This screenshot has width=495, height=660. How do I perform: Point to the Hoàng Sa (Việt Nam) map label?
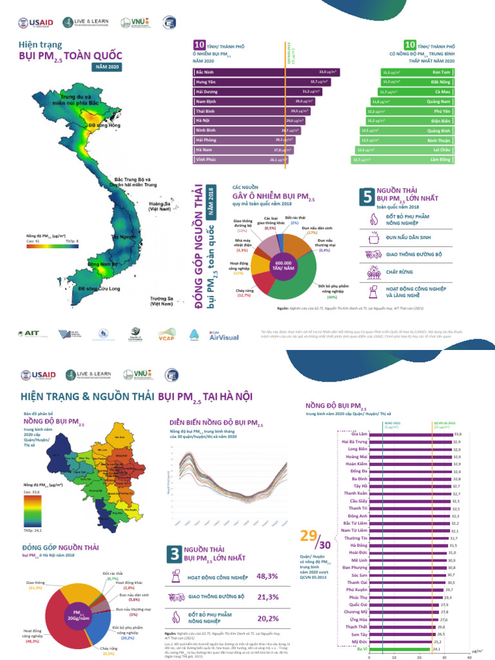tap(160, 207)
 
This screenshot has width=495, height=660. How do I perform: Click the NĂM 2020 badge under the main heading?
tap(106, 66)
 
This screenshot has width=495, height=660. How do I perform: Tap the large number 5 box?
tap(365, 198)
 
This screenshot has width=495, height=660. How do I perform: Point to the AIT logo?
tap(30, 334)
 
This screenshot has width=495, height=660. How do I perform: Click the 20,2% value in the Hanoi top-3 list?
tap(267, 618)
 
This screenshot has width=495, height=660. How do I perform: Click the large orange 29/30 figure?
tap(316, 539)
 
